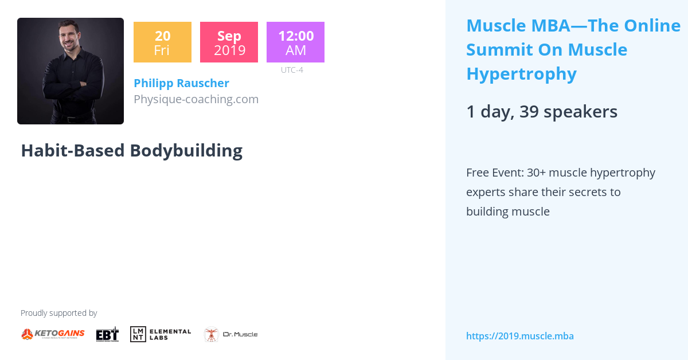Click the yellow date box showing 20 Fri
coord(162,42)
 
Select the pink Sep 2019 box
coord(229,42)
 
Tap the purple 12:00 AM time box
coord(295,42)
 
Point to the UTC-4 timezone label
coord(292,70)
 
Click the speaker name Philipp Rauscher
coord(181,83)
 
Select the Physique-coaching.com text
coord(196,99)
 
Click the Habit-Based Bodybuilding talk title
coord(131,150)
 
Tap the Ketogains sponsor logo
coord(53,334)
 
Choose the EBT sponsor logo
coord(107,334)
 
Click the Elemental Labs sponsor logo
coord(161,334)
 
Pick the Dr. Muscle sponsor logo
coord(230,334)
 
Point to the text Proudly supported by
coord(58,313)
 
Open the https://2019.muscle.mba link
coord(519,336)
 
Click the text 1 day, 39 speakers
coord(542,112)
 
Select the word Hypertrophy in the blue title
coord(521,74)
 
